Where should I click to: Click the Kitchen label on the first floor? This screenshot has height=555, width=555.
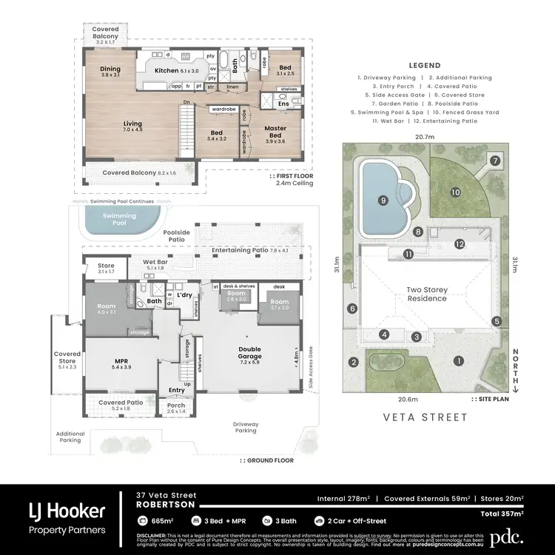coord(166,70)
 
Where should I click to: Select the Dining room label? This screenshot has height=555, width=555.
coord(110,71)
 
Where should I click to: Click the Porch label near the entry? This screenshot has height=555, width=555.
coord(176,406)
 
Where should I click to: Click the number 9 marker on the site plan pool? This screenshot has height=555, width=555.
coord(383,200)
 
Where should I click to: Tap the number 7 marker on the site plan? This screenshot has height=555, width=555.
coord(495,161)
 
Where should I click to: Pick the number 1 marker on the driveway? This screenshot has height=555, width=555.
coord(459,361)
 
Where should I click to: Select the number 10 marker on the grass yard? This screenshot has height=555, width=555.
coord(456,192)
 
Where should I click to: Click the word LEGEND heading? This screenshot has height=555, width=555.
coord(424,65)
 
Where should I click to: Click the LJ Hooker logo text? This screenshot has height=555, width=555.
coord(67,510)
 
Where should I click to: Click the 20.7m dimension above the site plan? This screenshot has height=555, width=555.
coord(424,136)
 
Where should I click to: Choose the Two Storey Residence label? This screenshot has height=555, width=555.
coord(425,295)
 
